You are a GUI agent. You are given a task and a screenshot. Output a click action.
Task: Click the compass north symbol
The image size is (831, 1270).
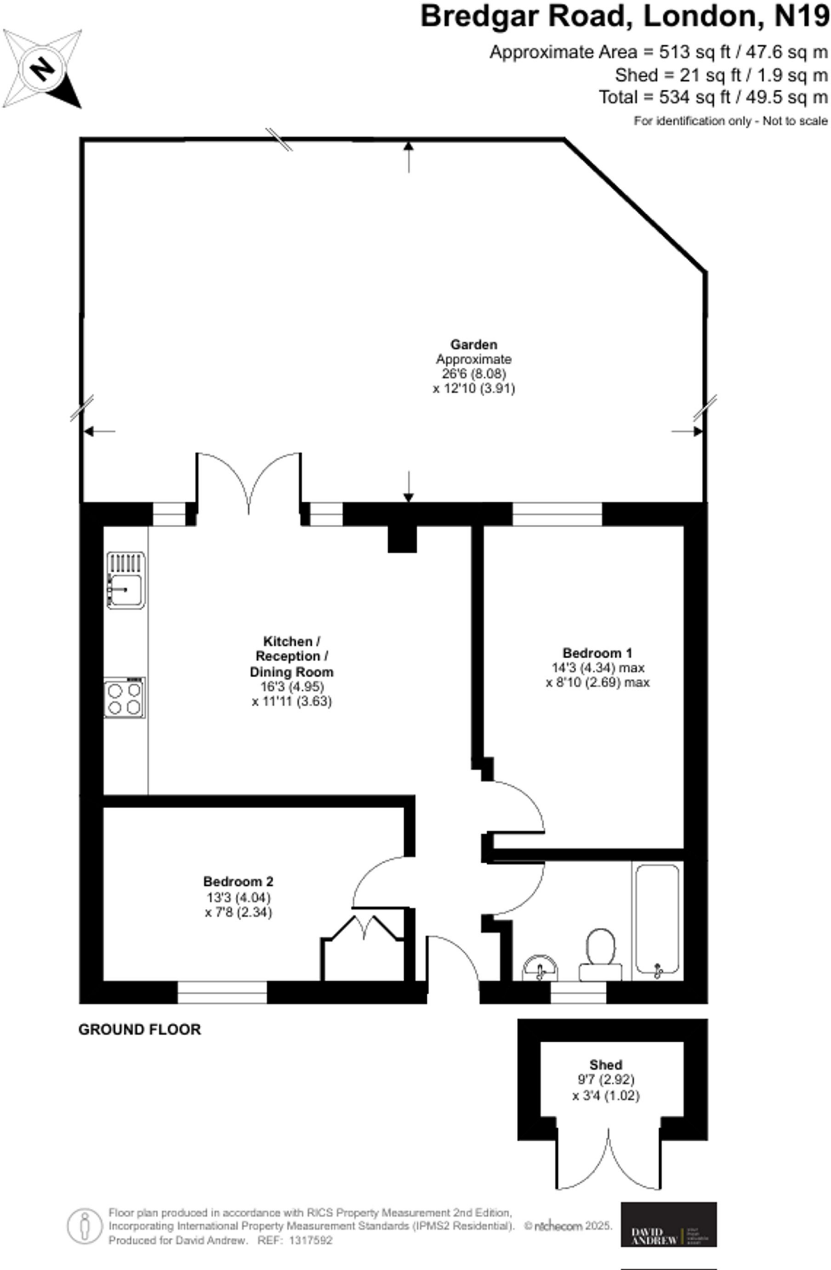(42, 69)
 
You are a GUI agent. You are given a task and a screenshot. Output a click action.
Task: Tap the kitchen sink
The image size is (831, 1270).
(126, 580)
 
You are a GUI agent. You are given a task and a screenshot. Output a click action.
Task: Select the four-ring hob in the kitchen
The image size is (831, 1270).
(125, 698)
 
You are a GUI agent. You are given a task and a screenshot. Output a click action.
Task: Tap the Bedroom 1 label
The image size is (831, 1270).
(597, 653)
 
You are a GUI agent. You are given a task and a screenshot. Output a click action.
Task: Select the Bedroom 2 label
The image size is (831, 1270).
(238, 881)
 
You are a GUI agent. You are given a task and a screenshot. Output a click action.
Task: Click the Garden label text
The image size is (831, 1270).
(474, 345)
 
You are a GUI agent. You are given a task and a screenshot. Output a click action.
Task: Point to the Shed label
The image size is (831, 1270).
(606, 1065)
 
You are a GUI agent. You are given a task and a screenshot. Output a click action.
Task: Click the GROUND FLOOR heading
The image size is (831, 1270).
(140, 1029)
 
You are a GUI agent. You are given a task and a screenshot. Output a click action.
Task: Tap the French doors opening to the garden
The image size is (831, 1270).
(249, 484)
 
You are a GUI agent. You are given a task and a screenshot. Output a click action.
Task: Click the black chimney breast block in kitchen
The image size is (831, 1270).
(402, 539)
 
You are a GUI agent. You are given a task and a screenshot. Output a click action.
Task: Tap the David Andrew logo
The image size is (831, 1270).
(668, 1225)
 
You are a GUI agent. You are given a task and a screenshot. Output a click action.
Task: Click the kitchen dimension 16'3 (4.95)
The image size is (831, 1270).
(292, 687)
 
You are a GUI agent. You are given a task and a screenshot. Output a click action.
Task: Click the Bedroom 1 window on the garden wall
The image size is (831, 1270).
(557, 514)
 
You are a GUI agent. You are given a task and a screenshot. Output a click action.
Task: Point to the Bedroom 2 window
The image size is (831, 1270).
(222, 992)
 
